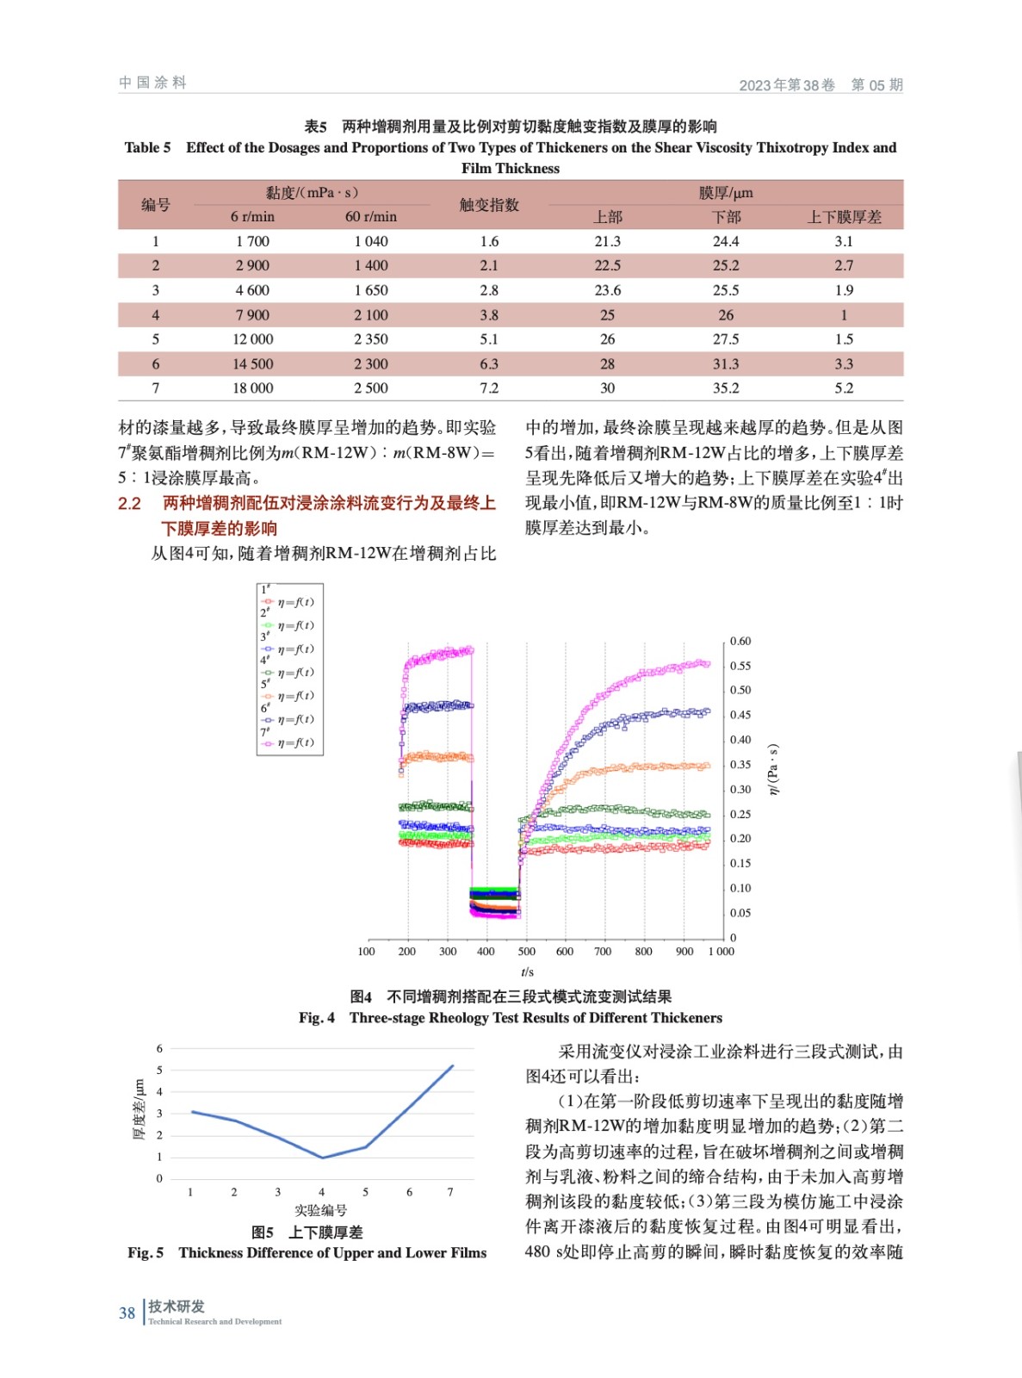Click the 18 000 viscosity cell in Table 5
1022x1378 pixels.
(x=252, y=388)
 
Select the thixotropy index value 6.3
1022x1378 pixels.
(x=489, y=364)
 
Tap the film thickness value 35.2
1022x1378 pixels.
(x=726, y=388)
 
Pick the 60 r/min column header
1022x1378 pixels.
(x=371, y=217)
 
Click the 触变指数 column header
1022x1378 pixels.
(x=489, y=205)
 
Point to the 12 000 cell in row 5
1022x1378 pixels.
(x=252, y=339)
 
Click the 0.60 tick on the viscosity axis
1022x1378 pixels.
(x=740, y=642)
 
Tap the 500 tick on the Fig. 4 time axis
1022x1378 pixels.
(x=526, y=952)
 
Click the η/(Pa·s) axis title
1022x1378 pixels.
(x=773, y=769)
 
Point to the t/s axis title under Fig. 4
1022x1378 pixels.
(x=527, y=972)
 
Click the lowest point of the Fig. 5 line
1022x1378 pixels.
(x=322, y=1158)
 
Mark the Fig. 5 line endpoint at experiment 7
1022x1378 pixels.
(x=452, y=1066)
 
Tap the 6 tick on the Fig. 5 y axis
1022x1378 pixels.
(x=159, y=1049)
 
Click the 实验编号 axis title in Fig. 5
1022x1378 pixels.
(x=320, y=1210)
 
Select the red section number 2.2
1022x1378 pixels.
(x=129, y=504)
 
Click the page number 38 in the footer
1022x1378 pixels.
(x=127, y=1313)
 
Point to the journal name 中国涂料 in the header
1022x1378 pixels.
(x=152, y=83)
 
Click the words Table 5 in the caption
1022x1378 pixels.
(x=147, y=147)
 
